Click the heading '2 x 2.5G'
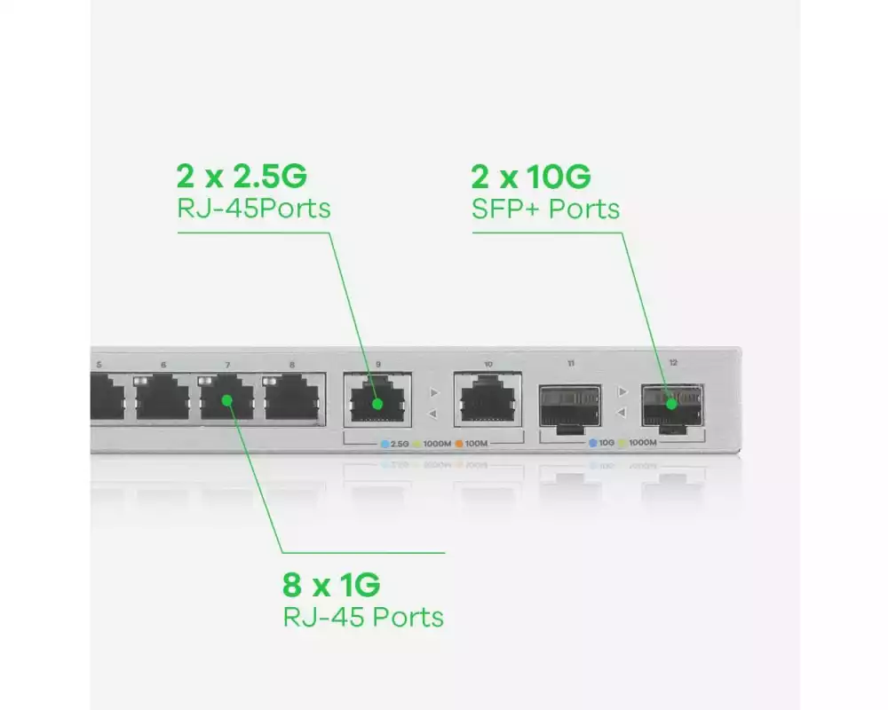[242, 176]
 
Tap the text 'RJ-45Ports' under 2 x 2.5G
[253, 209]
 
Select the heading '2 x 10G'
[531, 177]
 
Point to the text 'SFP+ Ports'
[545, 209]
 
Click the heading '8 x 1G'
[331, 585]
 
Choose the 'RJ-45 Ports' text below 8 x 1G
[363, 616]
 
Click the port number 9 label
[377, 364]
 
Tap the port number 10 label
[488, 364]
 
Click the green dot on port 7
[227, 400]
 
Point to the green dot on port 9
[377, 404]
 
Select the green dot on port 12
[672, 404]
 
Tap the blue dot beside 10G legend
[592, 443]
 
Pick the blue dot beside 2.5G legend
[385, 443]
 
